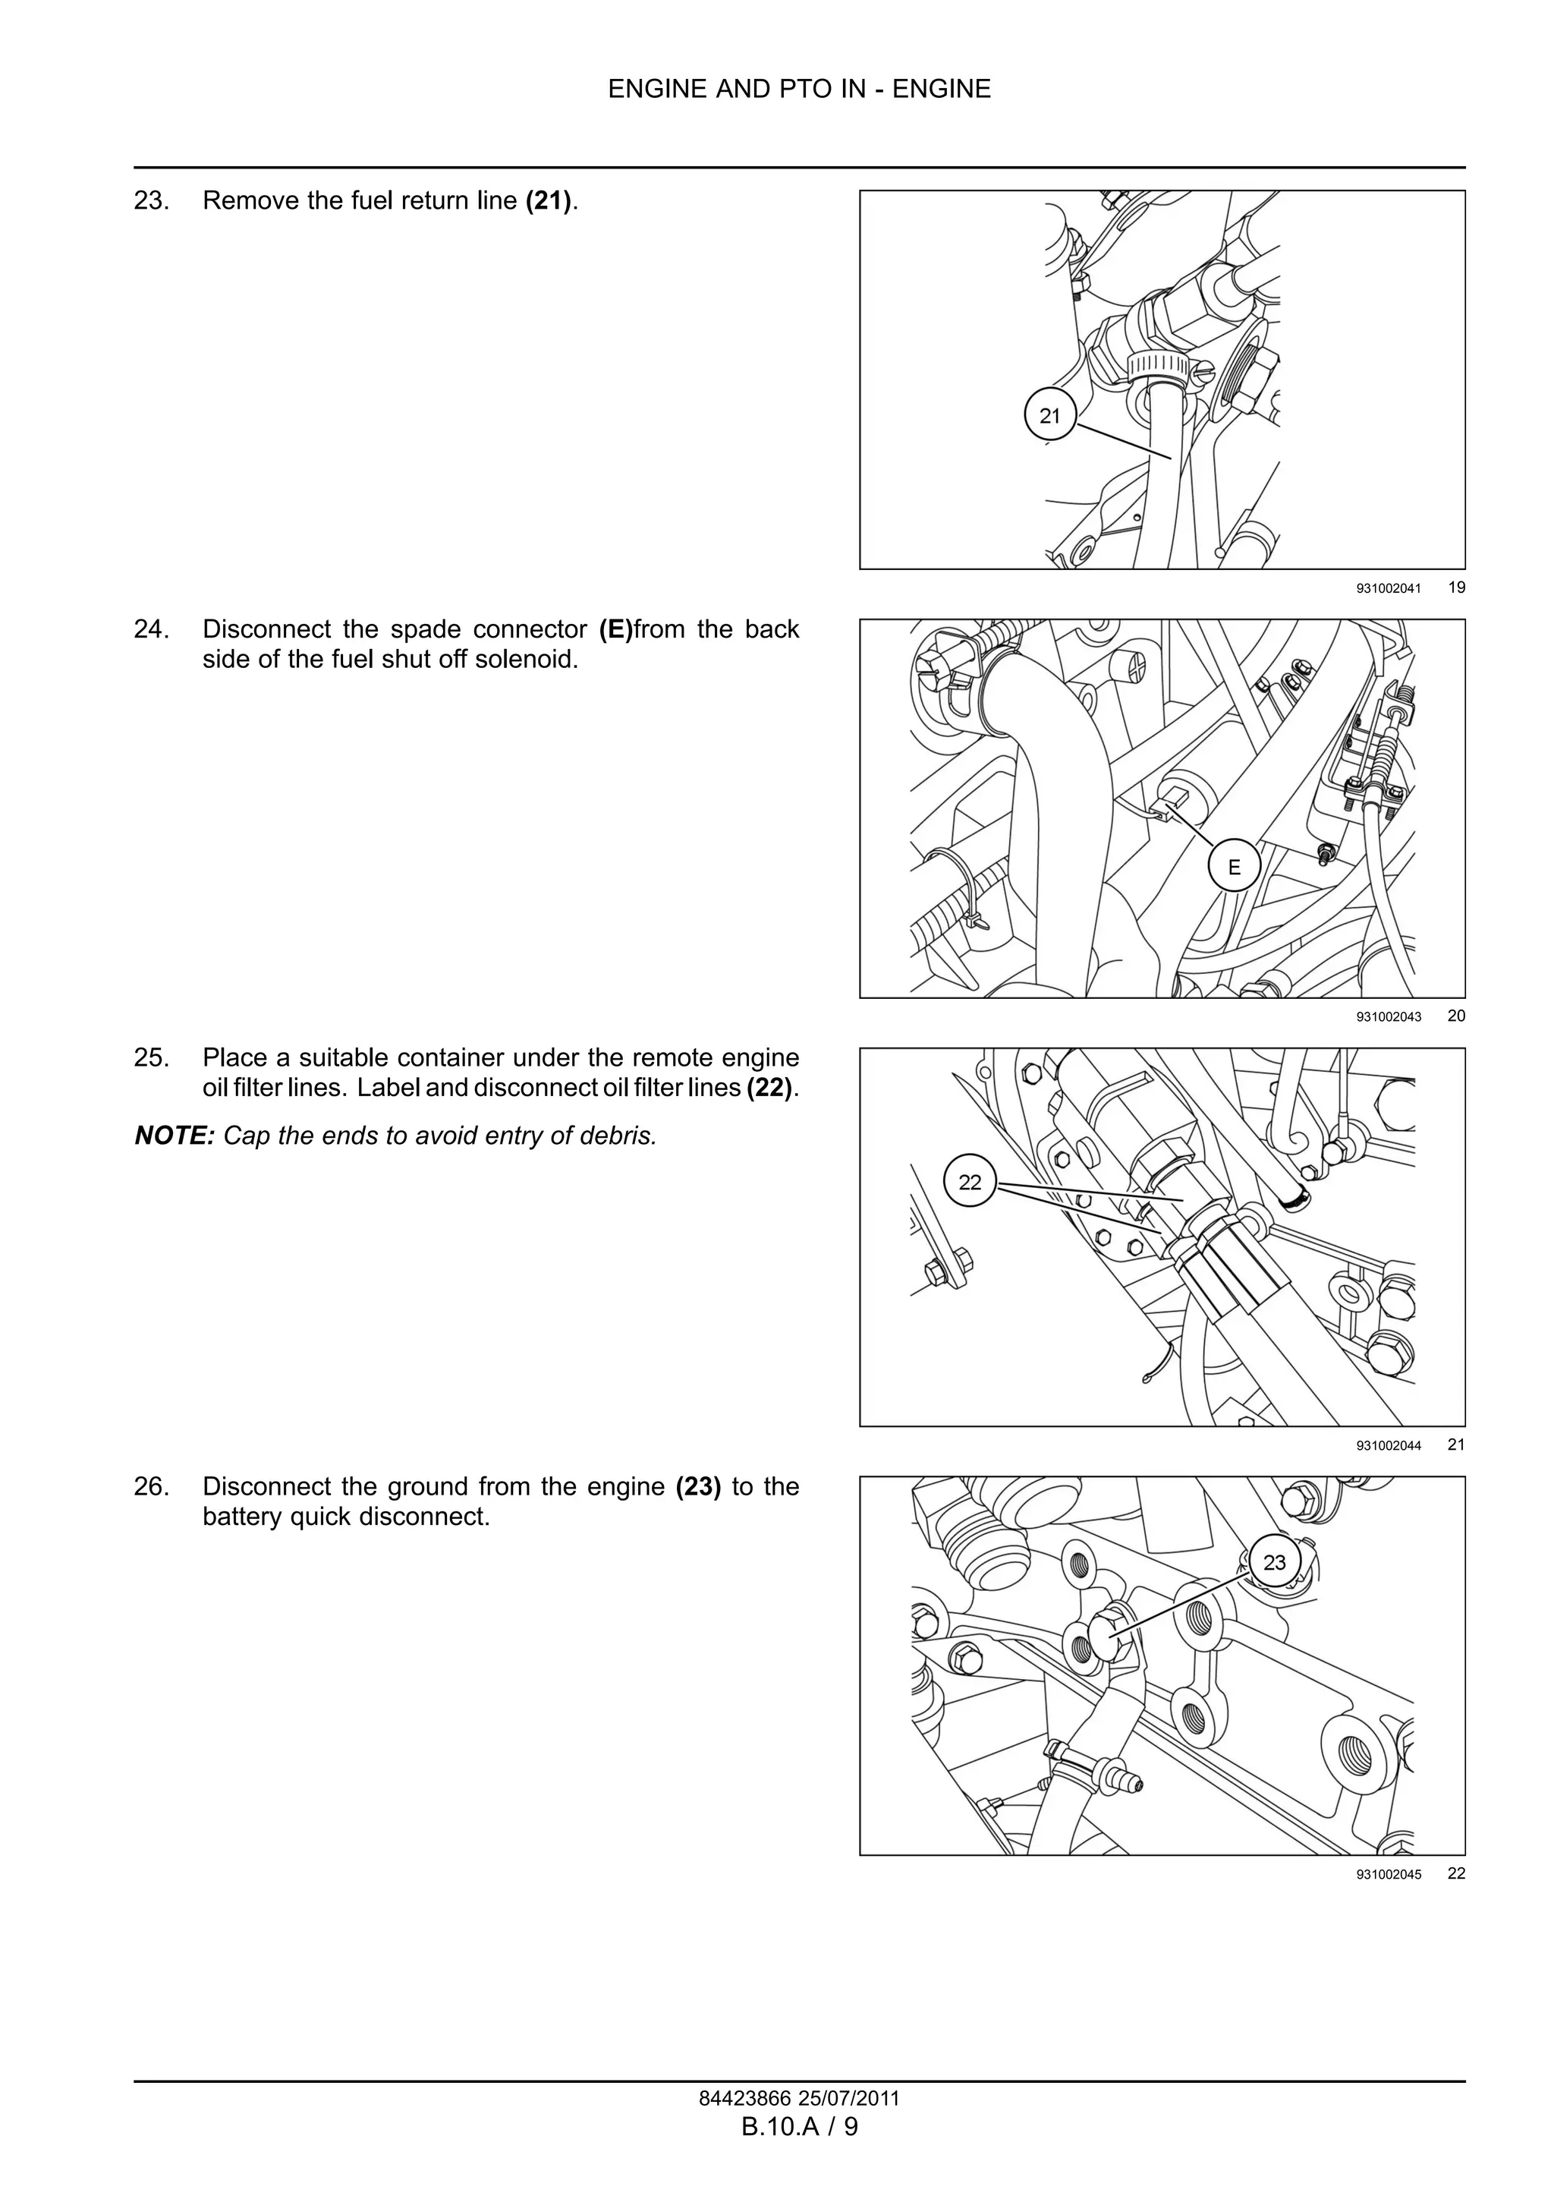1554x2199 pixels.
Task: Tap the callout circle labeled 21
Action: pyautogui.click(x=1049, y=416)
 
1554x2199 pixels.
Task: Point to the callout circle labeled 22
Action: pyautogui.click(x=969, y=1182)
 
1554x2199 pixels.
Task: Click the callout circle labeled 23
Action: pyautogui.click(x=1275, y=1562)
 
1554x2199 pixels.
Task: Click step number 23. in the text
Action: pyautogui.click(x=151, y=201)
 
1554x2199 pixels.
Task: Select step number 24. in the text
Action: pyautogui.click(x=151, y=629)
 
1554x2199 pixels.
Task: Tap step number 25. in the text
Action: pyautogui.click(x=151, y=1057)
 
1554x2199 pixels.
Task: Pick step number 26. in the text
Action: pyautogui.click(x=151, y=1486)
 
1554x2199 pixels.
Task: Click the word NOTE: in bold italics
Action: pyautogui.click(x=175, y=1136)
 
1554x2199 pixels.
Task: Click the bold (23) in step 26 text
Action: pyautogui.click(x=698, y=1486)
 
